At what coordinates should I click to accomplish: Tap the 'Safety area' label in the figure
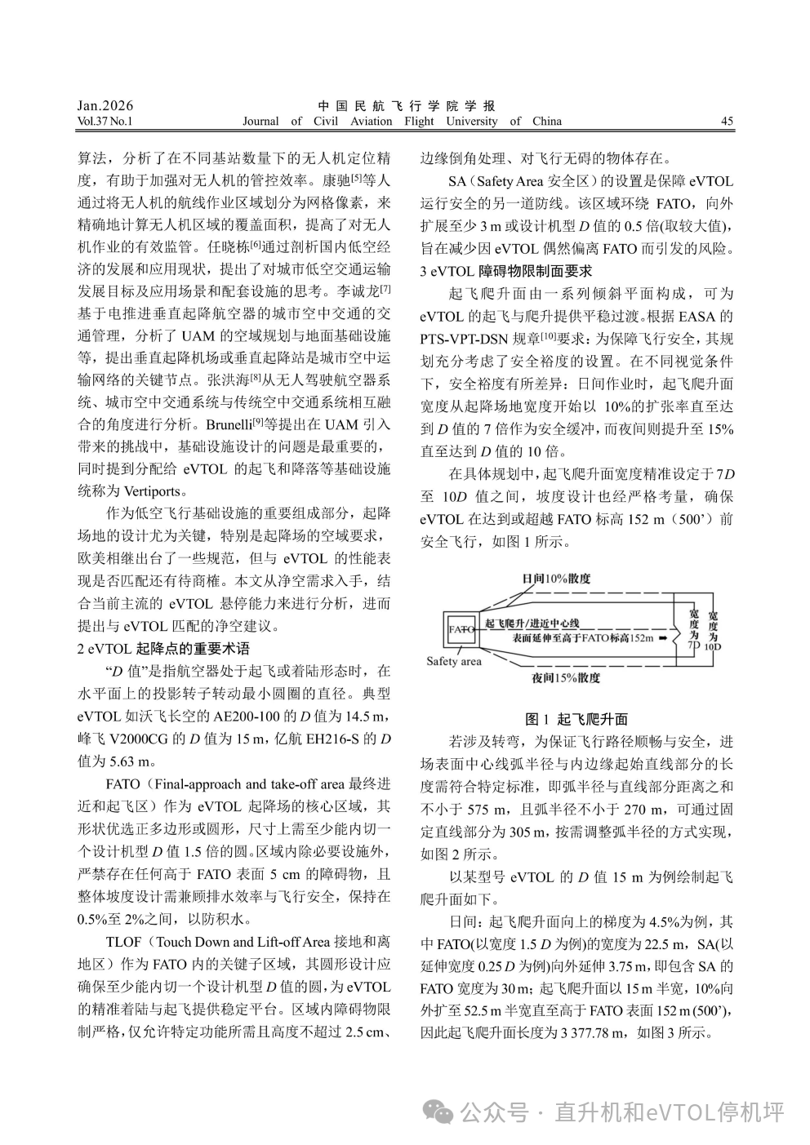pyautogui.click(x=454, y=662)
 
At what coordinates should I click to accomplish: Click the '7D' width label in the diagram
pyautogui.click(x=693, y=644)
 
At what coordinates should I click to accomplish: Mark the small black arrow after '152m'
pyautogui.click(x=665, y=637)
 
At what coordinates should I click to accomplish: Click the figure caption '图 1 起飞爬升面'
pyautogui.click(x=576, y=719)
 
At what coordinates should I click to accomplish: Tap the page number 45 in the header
pyautogui.click(x=727, y=122)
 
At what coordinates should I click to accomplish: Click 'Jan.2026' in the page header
pyautogui.click(x=105, y=106)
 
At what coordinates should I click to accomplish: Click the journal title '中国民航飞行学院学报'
pyautogui.click(x=406, y=106)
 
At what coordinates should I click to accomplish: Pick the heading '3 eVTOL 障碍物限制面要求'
pyautogui.click(x=505, y=270)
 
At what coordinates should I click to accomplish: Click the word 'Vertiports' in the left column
pyautogui.click(x=154, y=491)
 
